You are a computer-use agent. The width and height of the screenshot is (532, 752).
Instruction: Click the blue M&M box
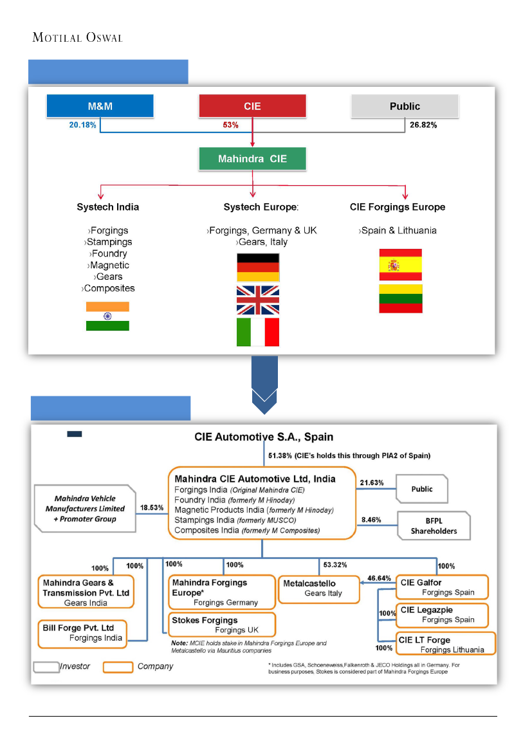tap(100, 106)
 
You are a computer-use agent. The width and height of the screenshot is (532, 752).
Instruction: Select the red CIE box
tap(252, 106)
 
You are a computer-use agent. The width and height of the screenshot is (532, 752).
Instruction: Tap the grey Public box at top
tap(405, 106)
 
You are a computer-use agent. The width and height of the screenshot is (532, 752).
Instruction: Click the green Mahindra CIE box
tap(252, 159)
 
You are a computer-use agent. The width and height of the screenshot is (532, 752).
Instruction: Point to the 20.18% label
tap(83, 125)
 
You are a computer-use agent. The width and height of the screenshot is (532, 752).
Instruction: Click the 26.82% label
tap(423, 125)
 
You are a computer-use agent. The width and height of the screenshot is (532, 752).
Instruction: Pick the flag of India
tap(107, 316)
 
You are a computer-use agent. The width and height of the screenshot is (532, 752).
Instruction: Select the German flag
tap(258, 267)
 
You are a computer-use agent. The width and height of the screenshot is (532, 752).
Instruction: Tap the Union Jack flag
tap(258, 300)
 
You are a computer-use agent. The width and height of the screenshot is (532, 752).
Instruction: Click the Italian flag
tap(258, 332)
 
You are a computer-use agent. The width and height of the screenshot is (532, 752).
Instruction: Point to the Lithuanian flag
tap(401, 298)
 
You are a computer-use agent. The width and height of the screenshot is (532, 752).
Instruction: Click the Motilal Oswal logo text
tap(77, 37)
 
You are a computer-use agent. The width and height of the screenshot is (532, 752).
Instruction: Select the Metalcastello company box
tap(319, 589)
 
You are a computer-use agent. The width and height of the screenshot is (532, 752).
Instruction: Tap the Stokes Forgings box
tap(222, 625)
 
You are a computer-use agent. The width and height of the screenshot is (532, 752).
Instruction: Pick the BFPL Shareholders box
tap(434, 526)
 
